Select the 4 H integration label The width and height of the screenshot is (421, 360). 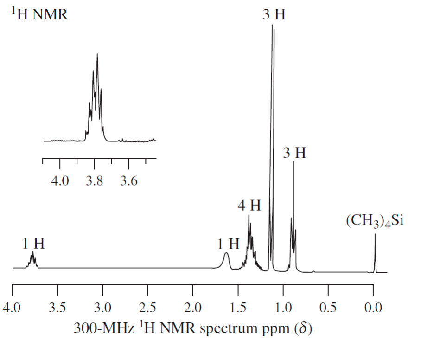click(249, 205)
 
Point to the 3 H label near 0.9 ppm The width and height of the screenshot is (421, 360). click(294, 153)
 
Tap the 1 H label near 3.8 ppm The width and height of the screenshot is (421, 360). click(33, 243)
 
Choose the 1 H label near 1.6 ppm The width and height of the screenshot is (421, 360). click(229, 244)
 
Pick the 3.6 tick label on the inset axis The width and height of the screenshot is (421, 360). click(128, 180)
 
